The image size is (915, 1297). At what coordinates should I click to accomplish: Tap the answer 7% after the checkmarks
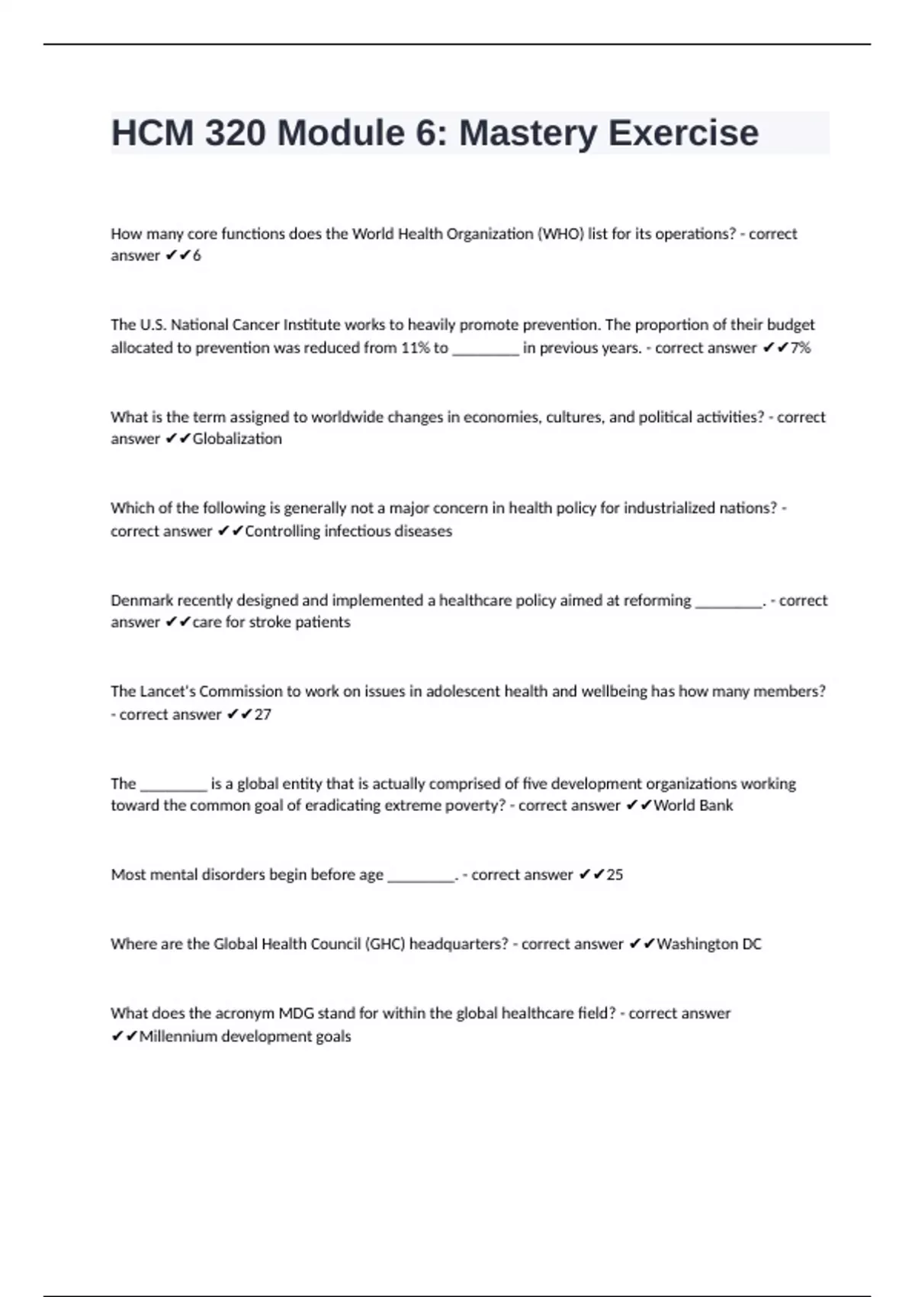(800, 348)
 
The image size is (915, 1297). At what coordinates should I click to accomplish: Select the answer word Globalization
(237, 439)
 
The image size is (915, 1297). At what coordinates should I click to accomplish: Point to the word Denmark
(142, 600)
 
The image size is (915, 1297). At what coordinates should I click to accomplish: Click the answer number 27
(262, 714)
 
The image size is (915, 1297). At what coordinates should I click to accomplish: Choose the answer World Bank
(693, 806)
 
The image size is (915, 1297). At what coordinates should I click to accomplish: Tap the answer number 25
(615, 875)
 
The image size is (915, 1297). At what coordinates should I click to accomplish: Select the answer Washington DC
(708, 945)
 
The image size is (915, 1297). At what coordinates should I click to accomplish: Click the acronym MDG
(297, 1013)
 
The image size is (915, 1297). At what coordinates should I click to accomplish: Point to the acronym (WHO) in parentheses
(560, 234)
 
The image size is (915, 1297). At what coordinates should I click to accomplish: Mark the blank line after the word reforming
(728, 603)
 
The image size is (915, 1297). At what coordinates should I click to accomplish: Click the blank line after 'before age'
(421, 877)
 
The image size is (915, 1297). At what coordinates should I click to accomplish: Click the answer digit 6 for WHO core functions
(197, 256)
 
